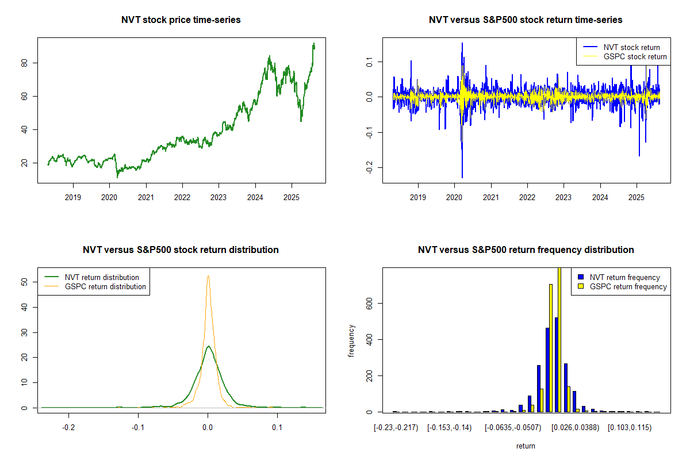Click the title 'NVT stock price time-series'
click(181, 20)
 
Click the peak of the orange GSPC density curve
click(208, 276)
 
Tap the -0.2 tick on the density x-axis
click(69, 428)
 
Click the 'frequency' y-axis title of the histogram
click(351, 340)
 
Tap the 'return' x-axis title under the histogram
click(526, 446)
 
